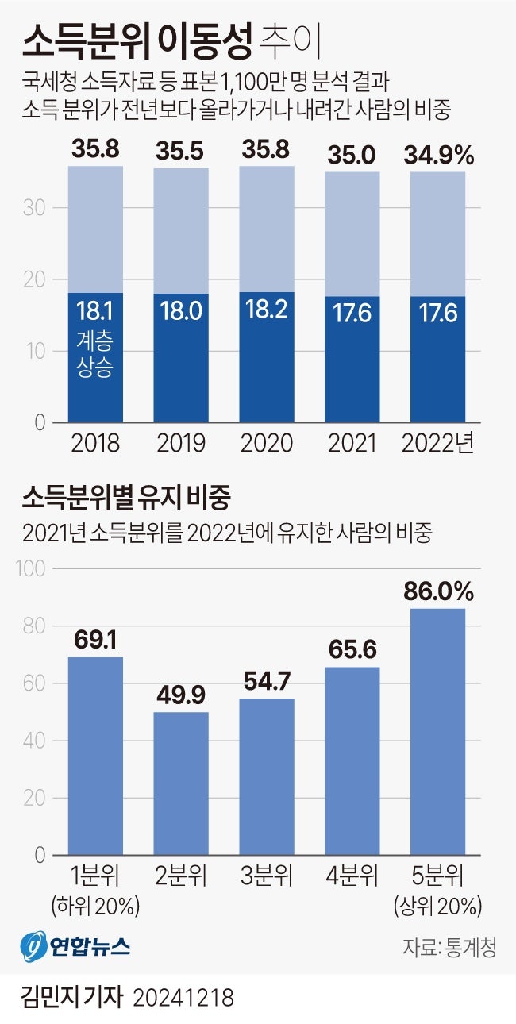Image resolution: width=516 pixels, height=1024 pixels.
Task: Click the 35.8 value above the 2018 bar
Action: click(95, 149)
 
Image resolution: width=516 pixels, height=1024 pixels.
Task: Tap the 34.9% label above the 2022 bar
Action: click(438, 154)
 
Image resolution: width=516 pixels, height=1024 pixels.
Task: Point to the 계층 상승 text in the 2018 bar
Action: click(95, 355)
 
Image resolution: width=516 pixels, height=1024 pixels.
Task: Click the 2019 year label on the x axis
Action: click(181, 443)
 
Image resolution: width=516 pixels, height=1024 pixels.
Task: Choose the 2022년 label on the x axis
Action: click(437, 443)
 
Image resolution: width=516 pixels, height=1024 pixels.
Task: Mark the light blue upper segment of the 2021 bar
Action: click(352, 233)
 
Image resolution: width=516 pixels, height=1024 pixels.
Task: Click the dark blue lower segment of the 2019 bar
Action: click(181, 357)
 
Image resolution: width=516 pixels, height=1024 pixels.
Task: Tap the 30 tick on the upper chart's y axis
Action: click(39, 208)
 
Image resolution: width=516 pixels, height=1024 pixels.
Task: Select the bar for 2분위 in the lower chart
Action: click(181, 783)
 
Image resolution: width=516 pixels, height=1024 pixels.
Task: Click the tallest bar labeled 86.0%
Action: click(438, 730)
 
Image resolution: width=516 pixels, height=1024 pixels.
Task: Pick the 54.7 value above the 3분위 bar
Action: click(267, 681)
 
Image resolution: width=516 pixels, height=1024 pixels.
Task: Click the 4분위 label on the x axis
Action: click(352, 877)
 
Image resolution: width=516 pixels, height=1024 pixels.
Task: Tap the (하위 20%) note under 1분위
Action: click(95, 905)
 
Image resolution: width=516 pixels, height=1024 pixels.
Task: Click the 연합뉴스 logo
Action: click(75, 946)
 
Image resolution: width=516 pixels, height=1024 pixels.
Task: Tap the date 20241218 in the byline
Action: click(184, 997)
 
